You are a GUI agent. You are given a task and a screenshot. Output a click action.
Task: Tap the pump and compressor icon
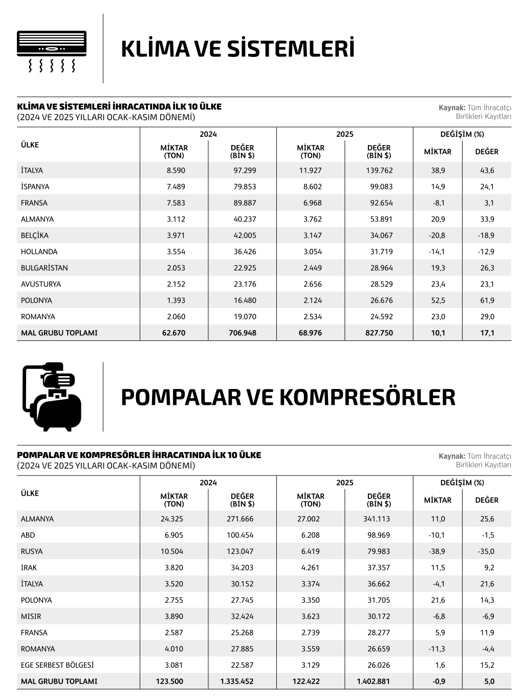click(52, 396)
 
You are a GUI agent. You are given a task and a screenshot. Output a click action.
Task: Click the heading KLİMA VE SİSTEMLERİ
click(237, 49)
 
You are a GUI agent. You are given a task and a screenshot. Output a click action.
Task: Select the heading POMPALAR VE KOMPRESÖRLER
click(288, 397)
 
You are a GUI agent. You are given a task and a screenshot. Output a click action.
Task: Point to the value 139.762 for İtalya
click(379, 171)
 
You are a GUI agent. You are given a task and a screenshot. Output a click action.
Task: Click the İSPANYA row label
click(35, 187)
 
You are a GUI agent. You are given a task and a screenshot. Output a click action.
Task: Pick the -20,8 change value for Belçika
click(438, 235)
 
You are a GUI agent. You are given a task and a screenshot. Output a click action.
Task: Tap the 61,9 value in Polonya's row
click(487, 300)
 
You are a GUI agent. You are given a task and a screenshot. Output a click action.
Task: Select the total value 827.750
click(379, 333)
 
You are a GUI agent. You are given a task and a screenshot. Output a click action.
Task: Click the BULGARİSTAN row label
click(45, 268)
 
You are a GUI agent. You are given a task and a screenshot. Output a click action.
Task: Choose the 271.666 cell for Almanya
click(240, 519)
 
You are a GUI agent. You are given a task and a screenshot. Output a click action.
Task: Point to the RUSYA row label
click(32, 551)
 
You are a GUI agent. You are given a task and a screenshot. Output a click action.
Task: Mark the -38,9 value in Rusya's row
click(438, 551)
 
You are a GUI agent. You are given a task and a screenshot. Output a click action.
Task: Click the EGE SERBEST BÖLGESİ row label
click(57, 665)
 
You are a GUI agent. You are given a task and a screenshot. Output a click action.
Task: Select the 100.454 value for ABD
click(240, 535)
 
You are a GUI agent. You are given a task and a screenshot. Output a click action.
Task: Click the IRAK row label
click(29, 568)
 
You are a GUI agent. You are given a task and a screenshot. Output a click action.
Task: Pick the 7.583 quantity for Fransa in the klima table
click(176, 203)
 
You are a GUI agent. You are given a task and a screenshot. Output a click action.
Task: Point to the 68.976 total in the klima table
click(310, 333)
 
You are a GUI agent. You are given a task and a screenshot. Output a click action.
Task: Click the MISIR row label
click(31, 617)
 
